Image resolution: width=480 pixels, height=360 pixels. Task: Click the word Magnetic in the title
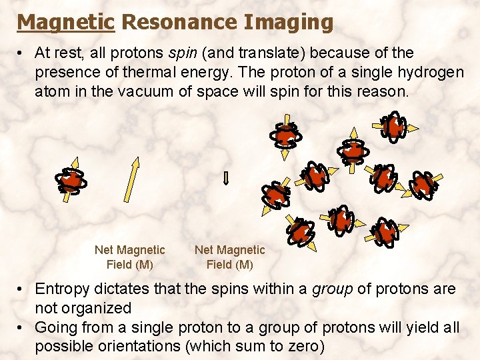click(x=65, y=22)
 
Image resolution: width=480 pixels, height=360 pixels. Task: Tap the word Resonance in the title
click(x=179, y=22)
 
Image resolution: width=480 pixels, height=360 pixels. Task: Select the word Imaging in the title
click(x=288, y=22)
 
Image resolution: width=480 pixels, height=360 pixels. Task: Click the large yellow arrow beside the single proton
click(x=129, y=179)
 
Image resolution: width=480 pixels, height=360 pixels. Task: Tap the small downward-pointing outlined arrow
click(x=225, y=178)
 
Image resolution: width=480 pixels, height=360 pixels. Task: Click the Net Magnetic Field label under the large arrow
click(x=129, y=257)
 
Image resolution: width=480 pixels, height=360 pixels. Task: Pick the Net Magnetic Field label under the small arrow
click(x=229, y=257)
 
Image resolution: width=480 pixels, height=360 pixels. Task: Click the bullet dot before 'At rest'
click(x=22, y=53)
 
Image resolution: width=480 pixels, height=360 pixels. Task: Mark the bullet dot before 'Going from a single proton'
click(x=22, y=328)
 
